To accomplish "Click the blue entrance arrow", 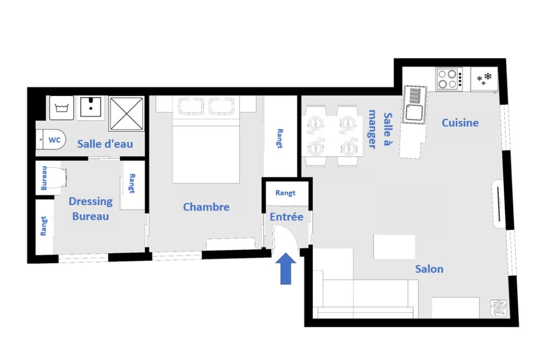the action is click(286, 268).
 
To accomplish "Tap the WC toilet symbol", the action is click(51, 139).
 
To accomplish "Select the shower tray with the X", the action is click(126, 113).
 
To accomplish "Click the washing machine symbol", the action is click(62, 108).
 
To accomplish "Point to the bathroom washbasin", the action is click(91, 107).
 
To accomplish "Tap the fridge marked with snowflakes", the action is click(484, 79).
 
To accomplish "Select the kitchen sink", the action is click(415, 105).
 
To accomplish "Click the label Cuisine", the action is click(460, 123).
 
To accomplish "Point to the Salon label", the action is click(429, 269).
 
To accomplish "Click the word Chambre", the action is click(206, 207).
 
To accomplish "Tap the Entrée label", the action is click(287, 217).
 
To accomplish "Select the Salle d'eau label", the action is click(105, 144).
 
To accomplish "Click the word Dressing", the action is click(91, 201).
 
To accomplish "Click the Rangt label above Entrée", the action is click(286, 193).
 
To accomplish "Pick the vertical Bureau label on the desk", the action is click(44, 178).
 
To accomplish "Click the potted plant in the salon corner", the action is click(498, 307).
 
